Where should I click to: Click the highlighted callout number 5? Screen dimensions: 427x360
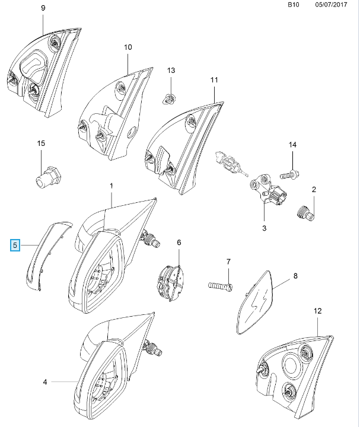pyautogui.click(x=16, y=244)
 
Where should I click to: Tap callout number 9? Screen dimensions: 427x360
pyautogui.click(x=43, y=8)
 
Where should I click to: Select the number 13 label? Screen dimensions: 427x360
pyautogui.click(x=171, y=71)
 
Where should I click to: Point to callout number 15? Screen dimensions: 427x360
pyautogui.click(x=41, y=144)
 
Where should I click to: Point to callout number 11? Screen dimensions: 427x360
pyautogui.click(x=214, y=79)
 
